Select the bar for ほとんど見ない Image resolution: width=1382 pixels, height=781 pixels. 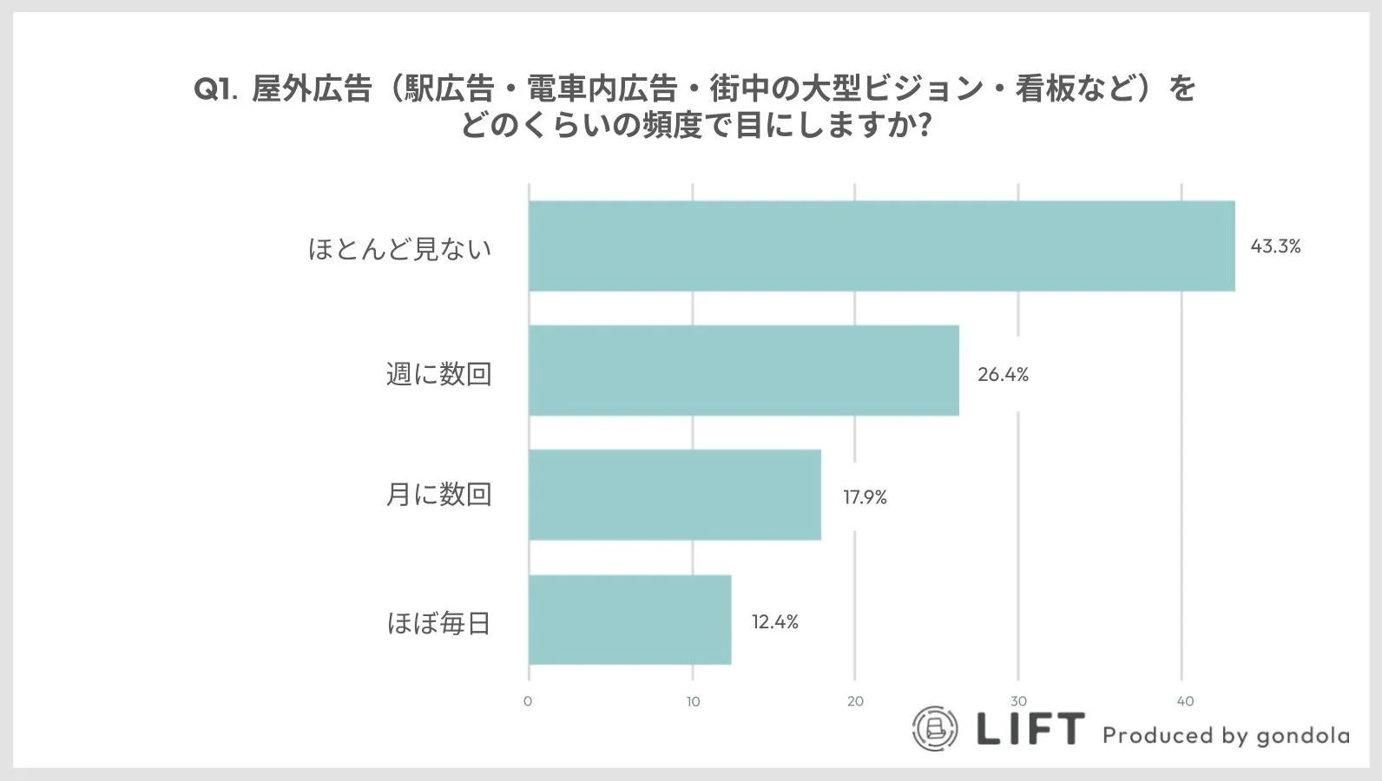tap(881, 246)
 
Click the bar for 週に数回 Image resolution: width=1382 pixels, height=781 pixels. tap(744, 371)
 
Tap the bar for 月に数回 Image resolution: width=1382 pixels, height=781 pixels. tap(675, 495)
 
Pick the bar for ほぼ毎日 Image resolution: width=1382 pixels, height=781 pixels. tap(630, 620)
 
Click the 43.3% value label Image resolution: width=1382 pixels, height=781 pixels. tap(1275, 246)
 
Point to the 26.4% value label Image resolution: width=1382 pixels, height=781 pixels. tap(1003, 375)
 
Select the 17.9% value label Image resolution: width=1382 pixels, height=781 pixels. tap(865, 497)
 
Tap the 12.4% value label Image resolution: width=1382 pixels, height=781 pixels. tap(774, 622)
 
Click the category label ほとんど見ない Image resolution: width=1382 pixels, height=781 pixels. tap(399, 249)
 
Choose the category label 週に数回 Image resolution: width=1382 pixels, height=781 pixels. tap(438, 374)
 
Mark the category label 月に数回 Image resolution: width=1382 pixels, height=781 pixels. tap(438, 495)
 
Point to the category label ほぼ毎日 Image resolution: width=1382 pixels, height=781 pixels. tap(438, 623)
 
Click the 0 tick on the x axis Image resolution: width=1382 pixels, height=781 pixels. tap(528, 701)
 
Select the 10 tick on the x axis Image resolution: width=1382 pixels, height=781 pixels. tap(693, 701)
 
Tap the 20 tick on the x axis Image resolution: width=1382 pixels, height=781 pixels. tap(855, 701)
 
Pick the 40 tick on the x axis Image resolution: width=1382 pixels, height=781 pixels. tap(1185, 701)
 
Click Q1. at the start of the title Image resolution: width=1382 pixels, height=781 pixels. tap(214, 89)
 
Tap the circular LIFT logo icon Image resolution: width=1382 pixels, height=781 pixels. tap(935, 729)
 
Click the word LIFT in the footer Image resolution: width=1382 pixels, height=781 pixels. tap(1030, 729)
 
